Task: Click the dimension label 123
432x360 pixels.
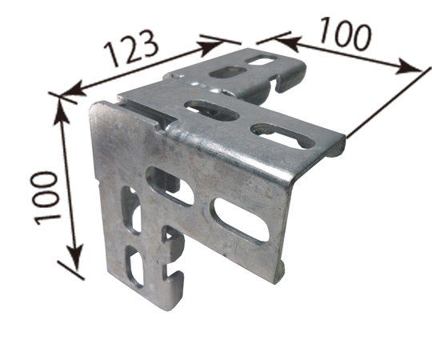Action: tap(131, 48)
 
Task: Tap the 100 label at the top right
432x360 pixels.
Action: tap(345, 34)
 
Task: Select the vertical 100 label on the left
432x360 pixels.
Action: tap(45, 198)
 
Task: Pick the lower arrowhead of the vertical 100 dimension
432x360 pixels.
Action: tap(75, 257)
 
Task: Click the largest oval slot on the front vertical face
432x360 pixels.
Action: tap(240, 220)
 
